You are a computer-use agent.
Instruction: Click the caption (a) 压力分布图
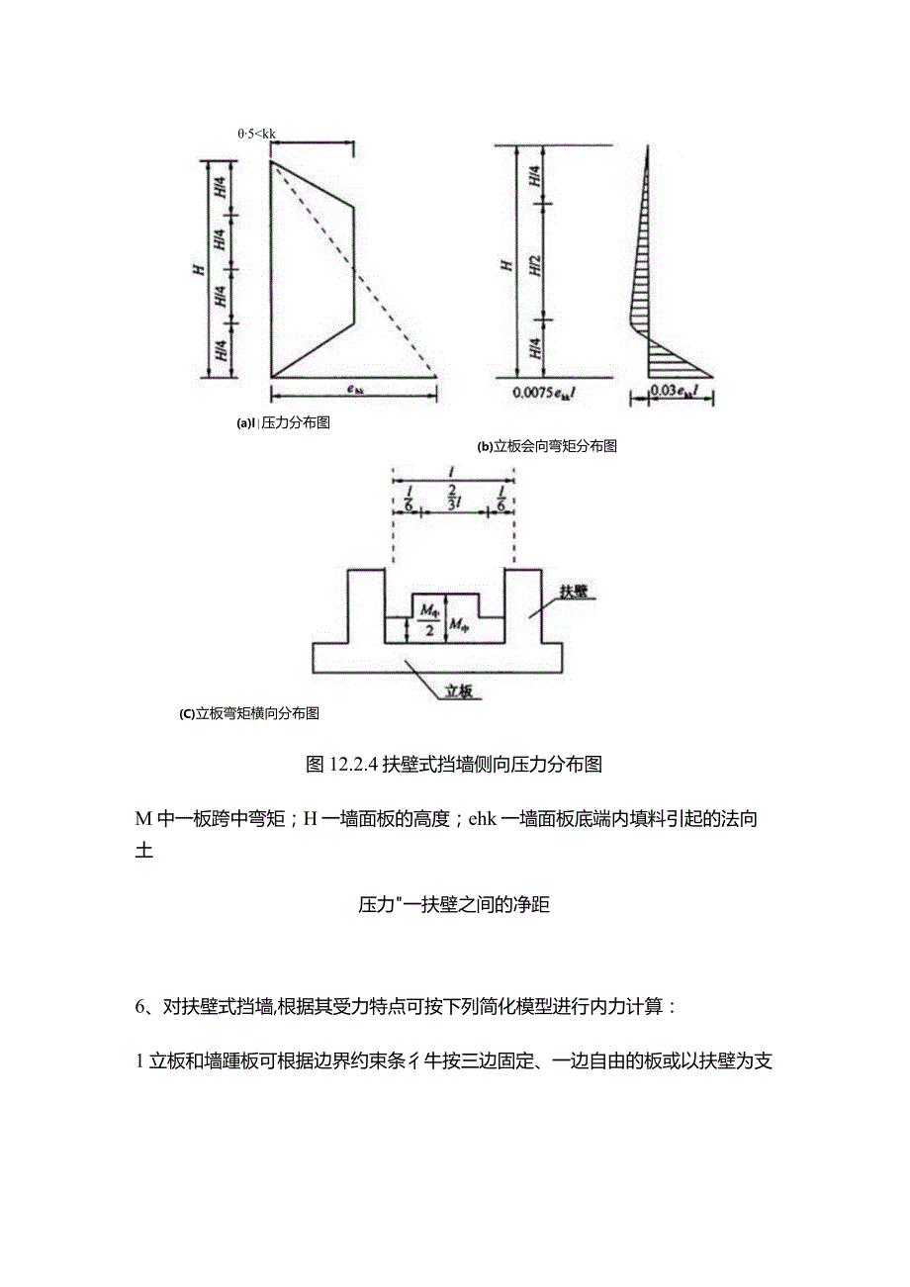(282, 423)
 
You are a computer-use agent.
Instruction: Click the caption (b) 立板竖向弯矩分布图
(547, 446)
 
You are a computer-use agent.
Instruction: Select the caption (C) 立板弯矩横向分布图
(248, 712)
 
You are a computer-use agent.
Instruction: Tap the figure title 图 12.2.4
(454, 764)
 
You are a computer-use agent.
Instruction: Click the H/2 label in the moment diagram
(536, 262)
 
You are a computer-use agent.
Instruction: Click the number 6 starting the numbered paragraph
(140, 1007)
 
